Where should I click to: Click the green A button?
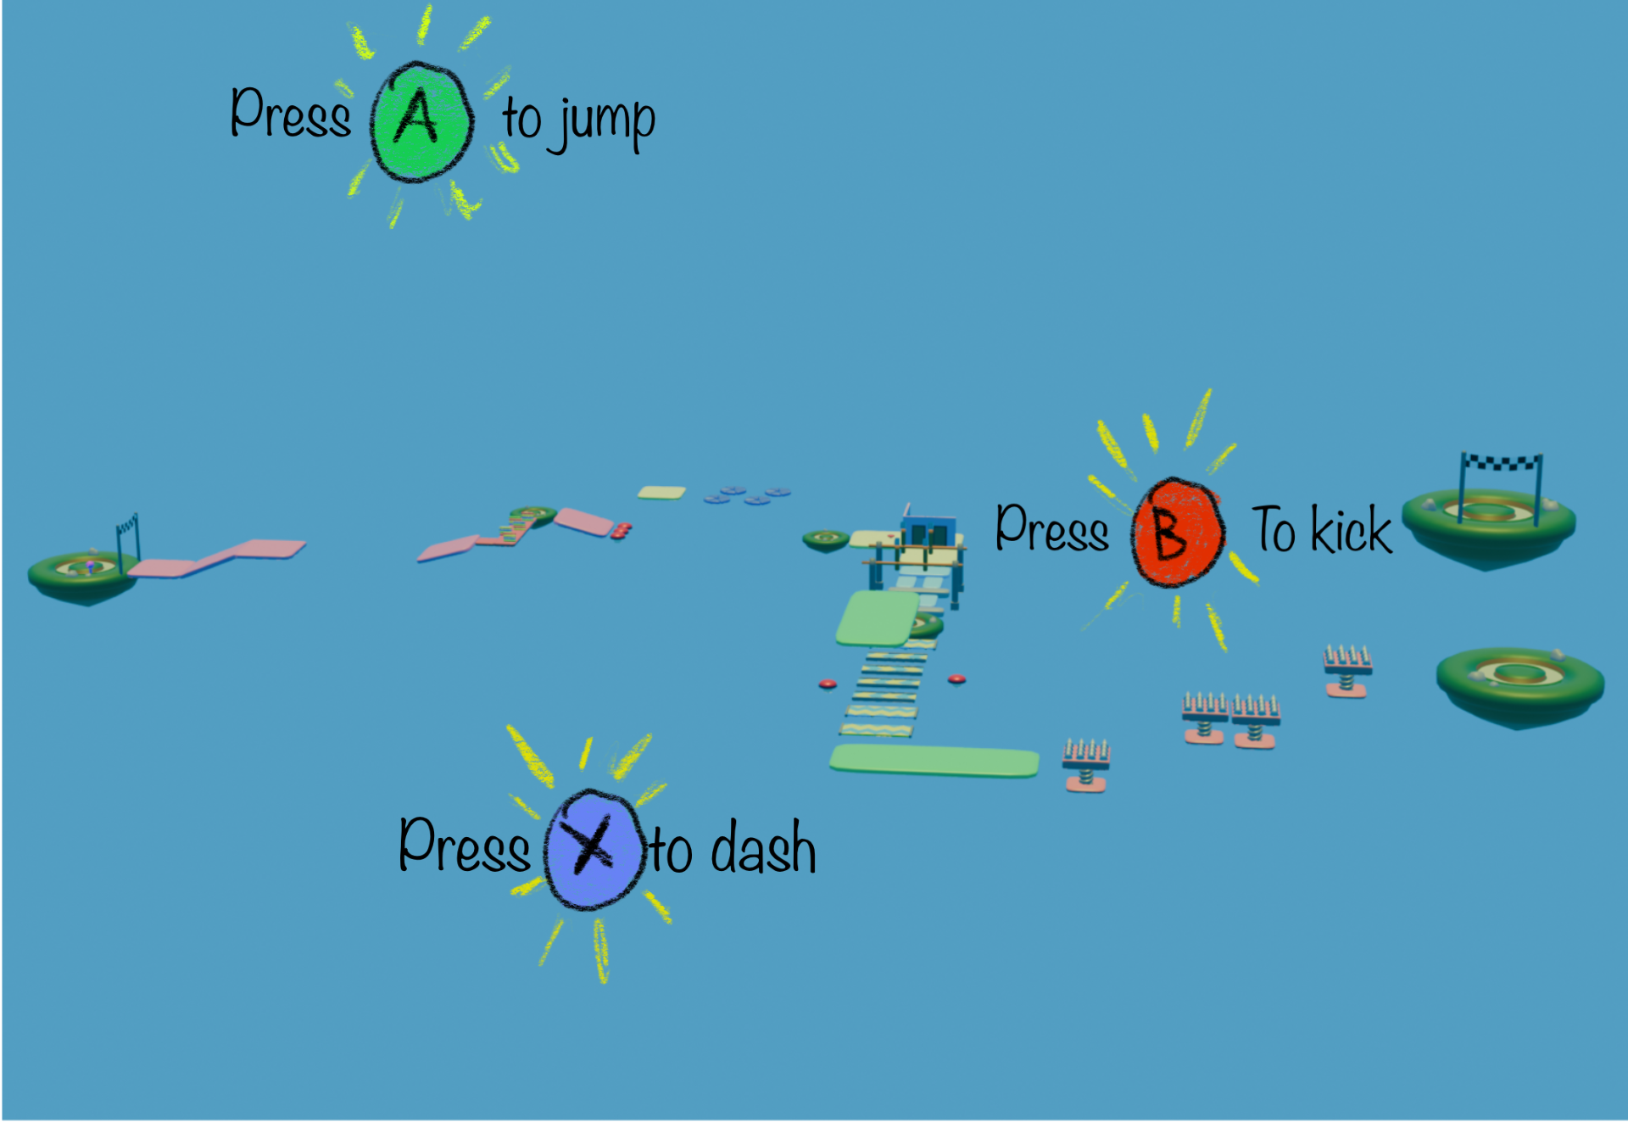point(421,121)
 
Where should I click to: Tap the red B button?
point(1178,533)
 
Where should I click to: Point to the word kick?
point(1352,529)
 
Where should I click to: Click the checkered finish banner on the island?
point(1501,463)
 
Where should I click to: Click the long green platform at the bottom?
point(934,761)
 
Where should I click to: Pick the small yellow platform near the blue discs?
point(661,493)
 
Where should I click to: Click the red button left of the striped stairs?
point(828,684)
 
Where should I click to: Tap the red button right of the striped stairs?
point(956,678)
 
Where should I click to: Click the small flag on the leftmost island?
point(127,543)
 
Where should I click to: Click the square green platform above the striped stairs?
point(878,618)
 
